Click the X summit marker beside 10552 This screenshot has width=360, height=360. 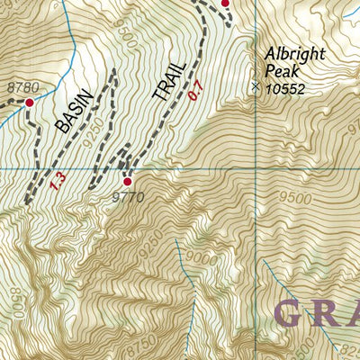256,86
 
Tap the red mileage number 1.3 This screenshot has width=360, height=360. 59,181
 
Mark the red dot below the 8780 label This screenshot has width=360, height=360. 28,103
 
